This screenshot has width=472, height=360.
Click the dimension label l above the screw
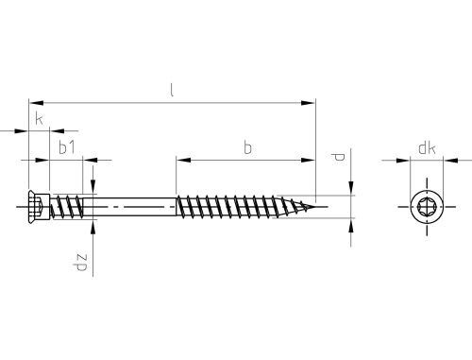[x=172, y=91]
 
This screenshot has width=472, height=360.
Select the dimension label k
[x=39, y=119]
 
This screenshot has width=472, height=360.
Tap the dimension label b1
[x=67, y=147]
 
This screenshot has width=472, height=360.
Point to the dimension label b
[x=248, y=147]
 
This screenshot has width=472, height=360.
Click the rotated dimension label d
[x=339, y=157]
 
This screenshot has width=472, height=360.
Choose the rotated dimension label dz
[x=80, y=263]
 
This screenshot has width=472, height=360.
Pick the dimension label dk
[x=427, y=147]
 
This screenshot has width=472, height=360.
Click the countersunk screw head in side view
[x=39, y=207]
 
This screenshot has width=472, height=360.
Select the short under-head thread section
[x=67, y=206]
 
